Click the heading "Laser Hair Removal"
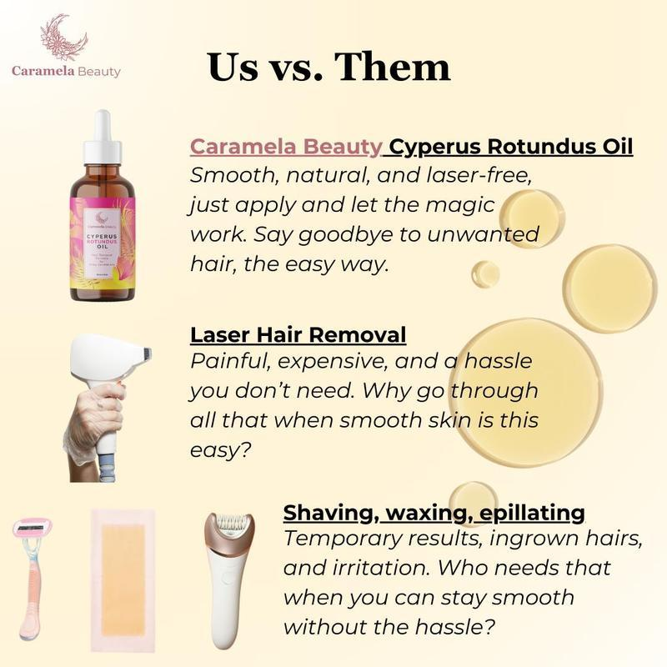(298, 334)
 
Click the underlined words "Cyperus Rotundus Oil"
(511, 148)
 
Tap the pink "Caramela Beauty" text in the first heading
(286, 148)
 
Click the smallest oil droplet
(485, 273)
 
